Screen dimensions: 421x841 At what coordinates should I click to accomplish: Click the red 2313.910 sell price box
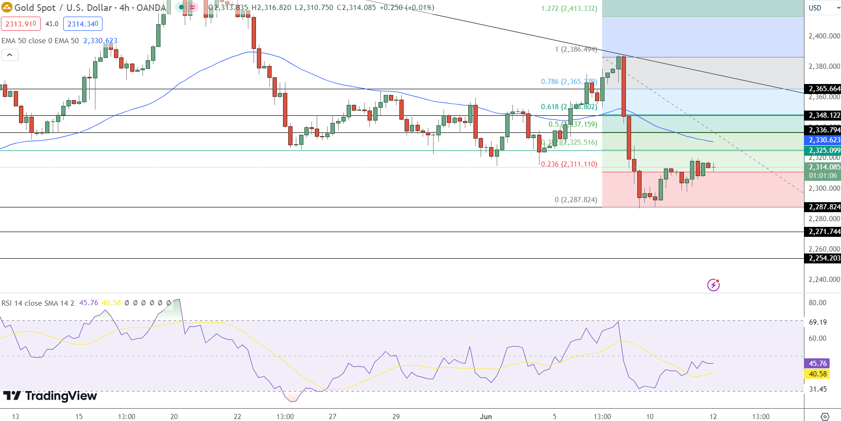click(21, 24)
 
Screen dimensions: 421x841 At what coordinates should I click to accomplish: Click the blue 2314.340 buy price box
click(83, 24)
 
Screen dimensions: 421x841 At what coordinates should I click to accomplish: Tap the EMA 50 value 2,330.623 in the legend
click(100, 41)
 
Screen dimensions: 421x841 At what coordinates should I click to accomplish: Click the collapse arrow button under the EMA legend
click(9, 55)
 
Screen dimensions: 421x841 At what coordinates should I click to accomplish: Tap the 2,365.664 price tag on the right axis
click(824, 89)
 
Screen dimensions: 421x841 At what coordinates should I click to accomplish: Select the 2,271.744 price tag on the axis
click(824, 232)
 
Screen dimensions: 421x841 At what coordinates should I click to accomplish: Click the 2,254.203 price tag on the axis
click(824, 258)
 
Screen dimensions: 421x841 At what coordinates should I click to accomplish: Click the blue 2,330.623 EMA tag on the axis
click(824, 140)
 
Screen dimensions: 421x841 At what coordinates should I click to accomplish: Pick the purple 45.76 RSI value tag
click(817, 364)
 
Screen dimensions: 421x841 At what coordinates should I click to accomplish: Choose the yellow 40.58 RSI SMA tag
click(817, 374)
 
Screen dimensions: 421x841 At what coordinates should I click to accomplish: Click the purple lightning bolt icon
click(713, 285)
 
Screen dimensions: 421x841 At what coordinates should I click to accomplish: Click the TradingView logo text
click(50, 396)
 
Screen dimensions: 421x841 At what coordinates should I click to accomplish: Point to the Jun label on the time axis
click(486, 416)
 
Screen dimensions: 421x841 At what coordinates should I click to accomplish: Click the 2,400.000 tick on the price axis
click(824, 36)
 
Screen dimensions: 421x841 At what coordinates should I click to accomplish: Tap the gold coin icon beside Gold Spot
click(7, 8)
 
